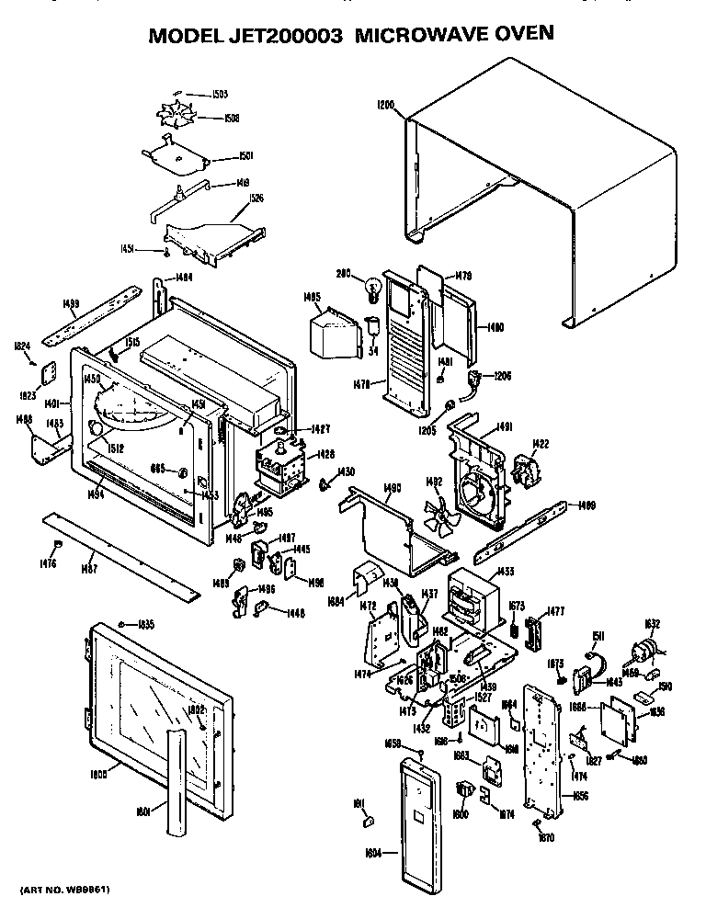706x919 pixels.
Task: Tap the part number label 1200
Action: click(386, 105)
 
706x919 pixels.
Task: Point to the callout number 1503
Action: click(220, 94)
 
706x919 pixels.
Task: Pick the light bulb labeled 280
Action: click(374, 288)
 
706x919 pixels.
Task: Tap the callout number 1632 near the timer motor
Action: click(652, 625)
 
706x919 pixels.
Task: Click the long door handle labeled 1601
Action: click(174, 777)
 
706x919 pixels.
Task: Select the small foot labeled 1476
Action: click(57, 546)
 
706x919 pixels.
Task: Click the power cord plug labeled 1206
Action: click(476, 379)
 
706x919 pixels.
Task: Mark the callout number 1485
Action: click(312, 297)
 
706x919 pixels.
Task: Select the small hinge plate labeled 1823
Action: click(51, 371)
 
